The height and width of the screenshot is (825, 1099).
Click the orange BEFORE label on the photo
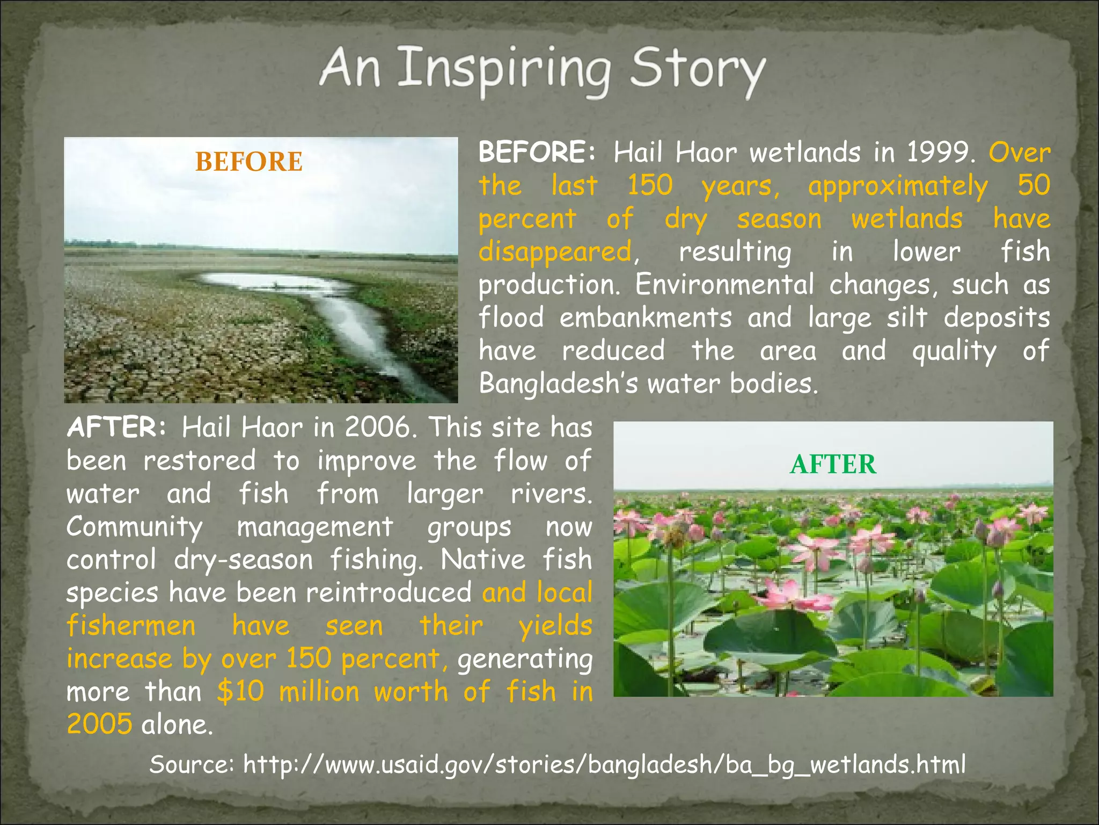point(248,162)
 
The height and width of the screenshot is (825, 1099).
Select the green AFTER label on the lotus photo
point(833,464)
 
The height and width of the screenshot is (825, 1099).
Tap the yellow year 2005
point(99,725)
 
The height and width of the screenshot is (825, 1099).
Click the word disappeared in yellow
point(555,252)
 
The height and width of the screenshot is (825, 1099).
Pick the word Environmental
point(724,285)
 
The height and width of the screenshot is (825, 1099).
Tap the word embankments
point(645,317)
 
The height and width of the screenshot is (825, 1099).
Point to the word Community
point(134,527)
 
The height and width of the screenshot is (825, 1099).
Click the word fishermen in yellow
point(131,626)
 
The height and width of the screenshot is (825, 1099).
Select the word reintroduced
point(389,593)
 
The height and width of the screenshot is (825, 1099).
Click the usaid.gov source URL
point(604,764)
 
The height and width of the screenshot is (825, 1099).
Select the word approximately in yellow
point(897,186)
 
